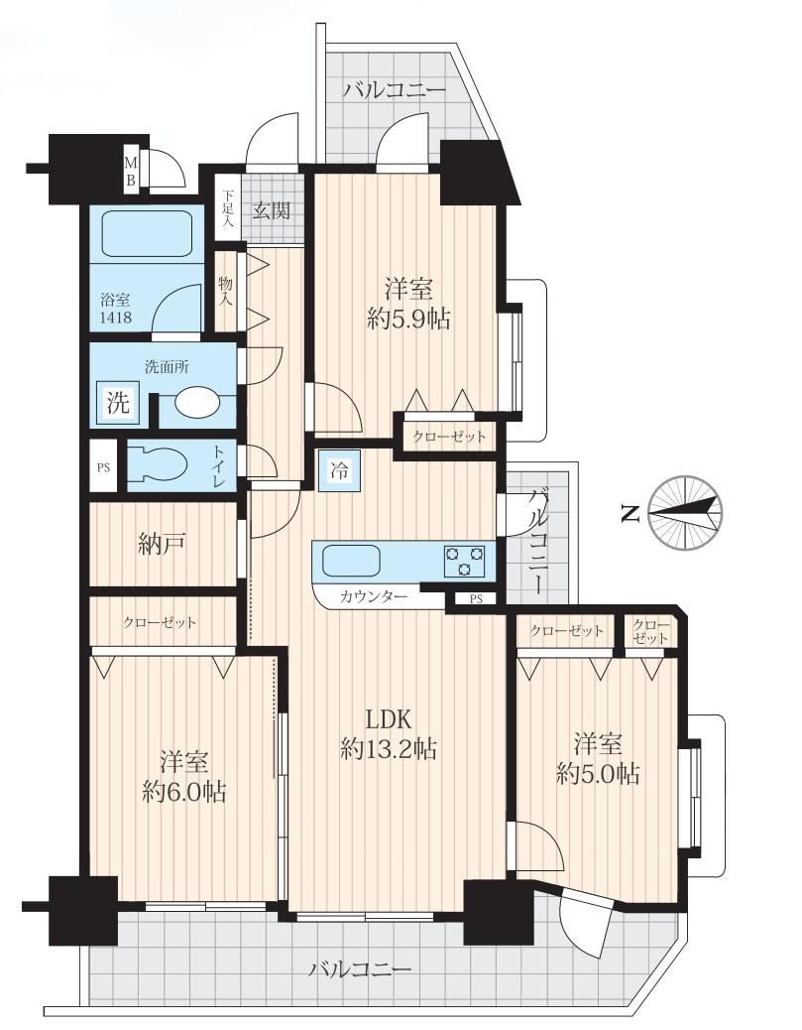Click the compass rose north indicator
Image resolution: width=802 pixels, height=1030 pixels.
coord(685,511)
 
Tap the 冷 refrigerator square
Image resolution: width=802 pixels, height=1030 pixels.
coord(339,470)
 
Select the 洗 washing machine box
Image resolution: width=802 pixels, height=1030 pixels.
coord(119,402)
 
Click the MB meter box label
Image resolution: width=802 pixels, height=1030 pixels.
coord(131,171)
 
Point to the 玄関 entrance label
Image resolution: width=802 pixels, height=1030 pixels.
coord(272,211)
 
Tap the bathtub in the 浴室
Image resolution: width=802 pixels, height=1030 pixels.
coord(147,234)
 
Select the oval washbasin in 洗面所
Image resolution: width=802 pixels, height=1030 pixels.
coord(199,403)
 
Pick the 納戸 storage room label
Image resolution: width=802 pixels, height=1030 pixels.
coord(162,544)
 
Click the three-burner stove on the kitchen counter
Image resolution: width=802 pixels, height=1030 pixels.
coord(465,561)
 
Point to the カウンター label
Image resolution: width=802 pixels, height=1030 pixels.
coord(374,596)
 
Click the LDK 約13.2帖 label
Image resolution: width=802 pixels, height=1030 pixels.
coord(389,733)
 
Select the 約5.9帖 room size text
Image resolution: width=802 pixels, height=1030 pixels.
coord(408,320)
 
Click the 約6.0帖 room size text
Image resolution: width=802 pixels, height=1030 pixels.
coord(184,792)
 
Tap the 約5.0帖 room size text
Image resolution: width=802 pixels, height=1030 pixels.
coord(598,774)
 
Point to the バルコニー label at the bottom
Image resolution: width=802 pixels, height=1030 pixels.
coord(362,968)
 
